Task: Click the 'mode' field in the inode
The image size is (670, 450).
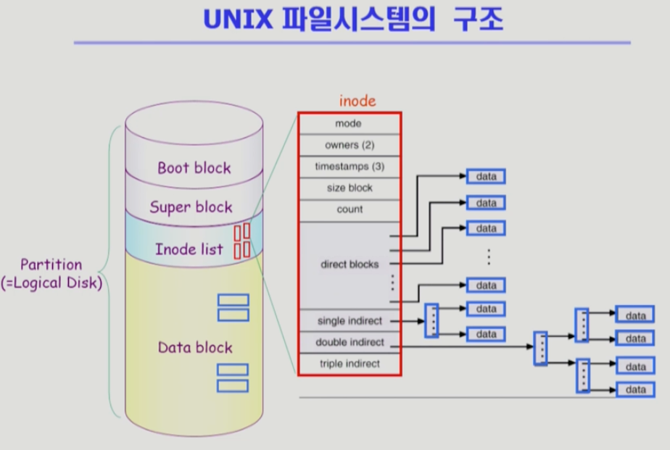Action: (x=349, y=124)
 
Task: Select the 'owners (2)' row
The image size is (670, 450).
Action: (x=349, y=145)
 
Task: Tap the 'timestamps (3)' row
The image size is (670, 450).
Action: (x=349, y=167)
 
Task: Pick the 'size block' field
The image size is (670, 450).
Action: (x=349, y=188)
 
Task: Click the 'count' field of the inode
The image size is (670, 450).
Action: (x=349, y=209)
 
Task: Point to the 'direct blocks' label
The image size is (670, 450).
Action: (x=350, y=264)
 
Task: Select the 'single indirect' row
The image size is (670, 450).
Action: (x=349, y=320)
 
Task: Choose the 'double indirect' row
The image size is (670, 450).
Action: (x=349, y=342)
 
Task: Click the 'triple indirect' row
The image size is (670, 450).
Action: (x=349, y=364)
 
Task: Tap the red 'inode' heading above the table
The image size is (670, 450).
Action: (x=357, y=101)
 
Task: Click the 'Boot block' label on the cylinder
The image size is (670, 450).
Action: (x=194, y=168)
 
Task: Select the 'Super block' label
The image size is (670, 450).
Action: (x=191, y=207)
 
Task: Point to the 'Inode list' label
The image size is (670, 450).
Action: (x=189, y=249)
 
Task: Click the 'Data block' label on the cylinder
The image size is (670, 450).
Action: (x=195, y=348)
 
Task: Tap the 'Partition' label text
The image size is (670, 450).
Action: (x=51, y=264)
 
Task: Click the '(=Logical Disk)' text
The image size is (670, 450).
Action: (x=61, y=283)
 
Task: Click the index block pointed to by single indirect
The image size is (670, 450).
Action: (x=431, y=320)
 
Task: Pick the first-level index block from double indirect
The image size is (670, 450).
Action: (x=539, y=348)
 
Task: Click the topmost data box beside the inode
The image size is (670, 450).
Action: (x=486, y=176)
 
